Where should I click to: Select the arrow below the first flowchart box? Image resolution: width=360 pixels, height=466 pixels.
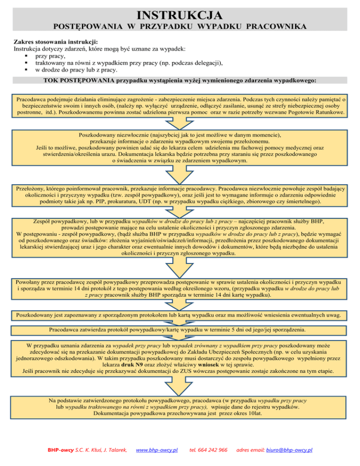tap(180, 123)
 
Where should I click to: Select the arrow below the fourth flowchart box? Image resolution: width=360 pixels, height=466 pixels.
tap(180, 268)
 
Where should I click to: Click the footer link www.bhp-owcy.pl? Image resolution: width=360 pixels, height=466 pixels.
tap(156, 450)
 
